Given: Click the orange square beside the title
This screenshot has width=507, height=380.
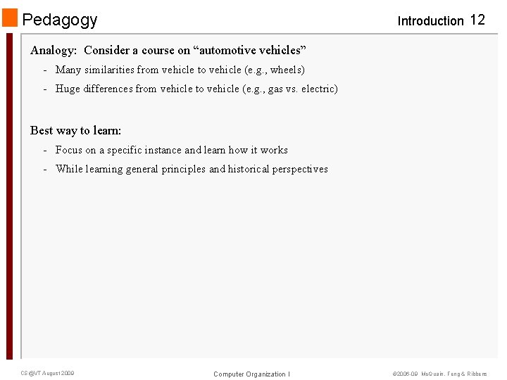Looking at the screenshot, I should click(x=10, y=18).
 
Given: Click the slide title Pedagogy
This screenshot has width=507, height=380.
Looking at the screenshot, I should click(x=60, y=20).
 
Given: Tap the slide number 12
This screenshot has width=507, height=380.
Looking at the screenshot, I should click(x=477, y=20).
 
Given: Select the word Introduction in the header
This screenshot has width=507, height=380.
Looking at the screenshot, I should click(x=430, y=21).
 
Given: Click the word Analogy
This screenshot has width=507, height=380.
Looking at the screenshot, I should click(x=53, y=51).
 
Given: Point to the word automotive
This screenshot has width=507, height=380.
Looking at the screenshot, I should click(x=227, y=51).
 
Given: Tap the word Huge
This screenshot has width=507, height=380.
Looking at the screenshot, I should click(x=68, y=89).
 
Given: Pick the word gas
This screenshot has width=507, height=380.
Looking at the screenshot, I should click(x=275, y=89).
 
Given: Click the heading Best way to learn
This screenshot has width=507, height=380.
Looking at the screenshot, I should click(x=76, y=130).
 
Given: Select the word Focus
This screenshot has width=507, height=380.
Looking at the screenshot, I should click(x=69, y=150).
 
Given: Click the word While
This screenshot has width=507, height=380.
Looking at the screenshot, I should click(x=69, y=169).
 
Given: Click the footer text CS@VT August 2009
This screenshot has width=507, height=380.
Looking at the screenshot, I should click(x=47, y=373).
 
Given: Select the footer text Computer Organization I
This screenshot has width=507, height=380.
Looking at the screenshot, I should click(x=251, y=374).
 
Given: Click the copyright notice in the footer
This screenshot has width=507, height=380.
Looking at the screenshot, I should click(x=439, y=374).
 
